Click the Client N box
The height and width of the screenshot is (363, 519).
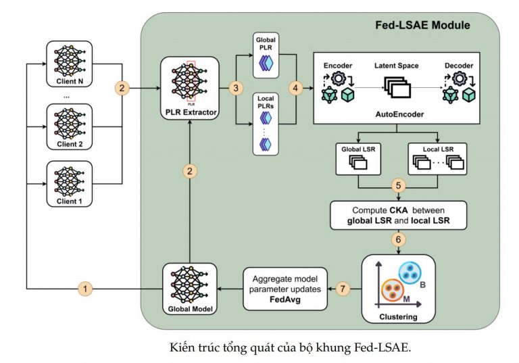[x=69, y=64]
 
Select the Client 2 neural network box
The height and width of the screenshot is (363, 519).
[x=69, y=126]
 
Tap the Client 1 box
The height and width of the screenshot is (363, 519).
[x=69, y=184]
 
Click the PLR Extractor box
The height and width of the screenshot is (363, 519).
[x=190, y=88]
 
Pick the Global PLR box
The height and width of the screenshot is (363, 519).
[x=266, y=55]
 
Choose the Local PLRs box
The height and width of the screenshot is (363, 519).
[x=266, y=124]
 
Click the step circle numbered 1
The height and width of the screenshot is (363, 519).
[x=85, y=289]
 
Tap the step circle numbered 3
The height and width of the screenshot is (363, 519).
[x=236, y=88]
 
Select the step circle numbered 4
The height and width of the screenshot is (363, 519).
[x=295, y=88]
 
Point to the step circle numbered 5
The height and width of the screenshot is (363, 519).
[x=399, y=185]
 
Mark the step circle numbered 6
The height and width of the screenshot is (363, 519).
[x=399, y=239]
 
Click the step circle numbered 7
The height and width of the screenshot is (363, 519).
[x=343, y=289]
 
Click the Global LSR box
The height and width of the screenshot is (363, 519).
[x=358, y=159]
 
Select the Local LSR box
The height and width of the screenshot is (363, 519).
[x=438, y=159]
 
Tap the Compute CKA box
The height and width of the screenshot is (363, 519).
[x=399, y=215]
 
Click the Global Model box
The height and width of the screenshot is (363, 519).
[x=190, y=289]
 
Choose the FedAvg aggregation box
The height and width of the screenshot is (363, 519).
[x=285, y=289]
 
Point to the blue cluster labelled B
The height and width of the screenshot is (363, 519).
[x=410, y=273]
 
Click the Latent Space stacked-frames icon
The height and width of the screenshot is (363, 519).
[x=397, y=87]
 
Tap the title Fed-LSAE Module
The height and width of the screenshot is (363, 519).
[x=422, y=25]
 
